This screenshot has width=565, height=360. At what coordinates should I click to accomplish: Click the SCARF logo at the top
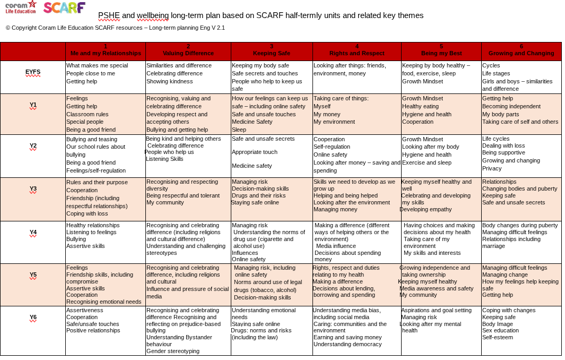(x=65, y=7)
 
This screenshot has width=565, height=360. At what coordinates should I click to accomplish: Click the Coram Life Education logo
(x=21, y=7)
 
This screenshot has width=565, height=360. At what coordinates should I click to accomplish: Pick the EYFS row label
(x=33, y=72)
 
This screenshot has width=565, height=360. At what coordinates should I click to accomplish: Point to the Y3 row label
(x=33, y=188)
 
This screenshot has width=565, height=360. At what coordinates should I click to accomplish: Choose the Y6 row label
(x=33, y=318)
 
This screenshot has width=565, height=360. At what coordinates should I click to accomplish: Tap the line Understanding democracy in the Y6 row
(x=347, y=344)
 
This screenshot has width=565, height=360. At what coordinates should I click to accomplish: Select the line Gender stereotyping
(x=172, y=351)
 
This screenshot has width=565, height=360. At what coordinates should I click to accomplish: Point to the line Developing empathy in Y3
(x=425, y=209)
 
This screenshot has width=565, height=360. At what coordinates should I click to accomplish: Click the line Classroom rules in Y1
(x=87, y=114)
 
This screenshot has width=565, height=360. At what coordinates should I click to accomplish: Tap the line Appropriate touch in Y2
(x=255, y=152)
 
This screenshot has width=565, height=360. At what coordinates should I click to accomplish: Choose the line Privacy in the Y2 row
(x=492, y=168)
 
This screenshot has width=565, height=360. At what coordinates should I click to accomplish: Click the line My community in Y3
(x=165, y=202)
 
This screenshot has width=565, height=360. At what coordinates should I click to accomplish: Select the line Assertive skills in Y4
(x=85, y=246)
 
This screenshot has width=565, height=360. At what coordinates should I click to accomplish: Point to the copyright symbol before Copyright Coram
(x=8, y=28)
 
